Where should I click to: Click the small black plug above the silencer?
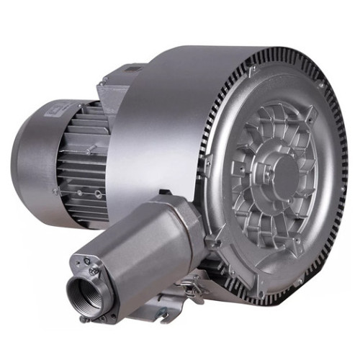click(x=163, y=192)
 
